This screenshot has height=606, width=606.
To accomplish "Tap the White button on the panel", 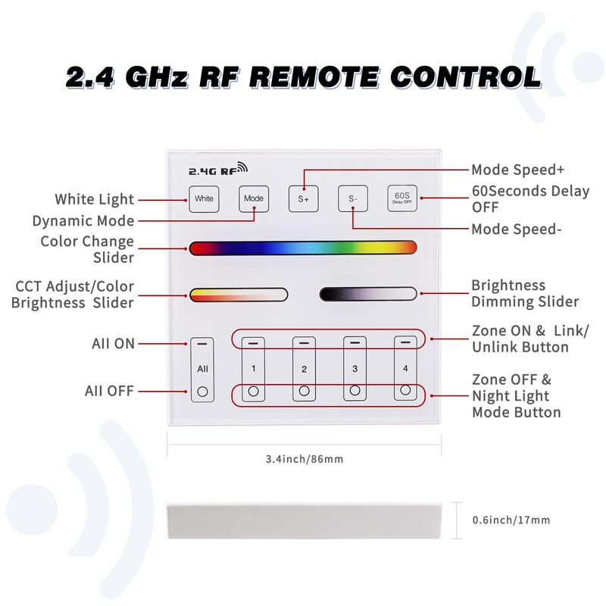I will point(204,198).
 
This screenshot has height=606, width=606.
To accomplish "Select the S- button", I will point(352,198).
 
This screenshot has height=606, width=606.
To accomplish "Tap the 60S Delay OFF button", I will point(402,198).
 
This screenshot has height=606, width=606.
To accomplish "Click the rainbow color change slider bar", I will point(303,248).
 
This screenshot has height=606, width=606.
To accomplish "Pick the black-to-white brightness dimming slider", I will point(368,294).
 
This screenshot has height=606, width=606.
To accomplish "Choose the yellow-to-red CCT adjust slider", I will point(239,294).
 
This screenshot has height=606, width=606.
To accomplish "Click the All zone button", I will point(202,369).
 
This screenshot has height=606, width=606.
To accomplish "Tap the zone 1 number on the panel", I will point(254,369).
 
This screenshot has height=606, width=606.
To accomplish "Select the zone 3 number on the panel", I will point(354,369).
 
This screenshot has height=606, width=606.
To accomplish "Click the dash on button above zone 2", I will point(304,343).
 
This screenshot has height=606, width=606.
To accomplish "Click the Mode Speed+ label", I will point(517,170).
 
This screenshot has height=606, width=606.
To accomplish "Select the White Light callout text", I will point(94,200).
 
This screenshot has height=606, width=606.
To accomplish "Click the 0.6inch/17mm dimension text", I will point(511,520).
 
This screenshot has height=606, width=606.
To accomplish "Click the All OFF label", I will point(109,392).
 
